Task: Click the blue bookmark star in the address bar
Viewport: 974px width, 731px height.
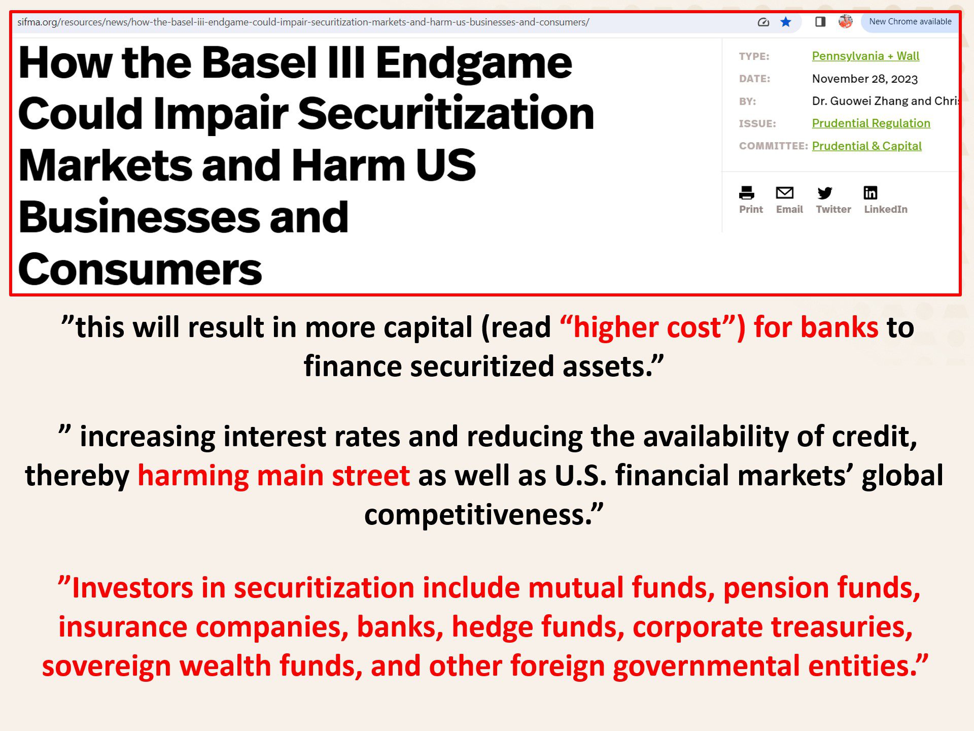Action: (x=786, y=22)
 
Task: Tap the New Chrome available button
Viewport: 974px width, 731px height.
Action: (x=910, y=22)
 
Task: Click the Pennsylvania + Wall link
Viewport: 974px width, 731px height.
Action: (x=865, y=56)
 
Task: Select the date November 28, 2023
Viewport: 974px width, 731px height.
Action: (x=865, y=79)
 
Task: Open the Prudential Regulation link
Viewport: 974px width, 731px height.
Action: (x=871, y=123)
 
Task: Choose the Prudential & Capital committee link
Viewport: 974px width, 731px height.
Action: (x=866, y=146)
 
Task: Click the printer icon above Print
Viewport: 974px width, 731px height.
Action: (x=747, y=193)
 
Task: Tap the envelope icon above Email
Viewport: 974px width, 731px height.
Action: (x=785, y=193)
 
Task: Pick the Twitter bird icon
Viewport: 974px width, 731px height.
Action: (x=825, y=193)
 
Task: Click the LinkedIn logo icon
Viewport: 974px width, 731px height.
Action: (x=871, y=193)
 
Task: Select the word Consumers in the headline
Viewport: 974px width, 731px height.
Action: (x=140, y=269)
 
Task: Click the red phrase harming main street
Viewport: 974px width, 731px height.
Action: (x=274, y=476)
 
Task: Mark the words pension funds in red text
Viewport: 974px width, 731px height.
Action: (x=822, y=588)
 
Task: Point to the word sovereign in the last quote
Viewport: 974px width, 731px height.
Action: (x=107, y=666)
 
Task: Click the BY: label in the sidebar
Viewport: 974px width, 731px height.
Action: (x=747, y=102)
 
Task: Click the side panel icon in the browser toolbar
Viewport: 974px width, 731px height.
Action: (x=820, y=22)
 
